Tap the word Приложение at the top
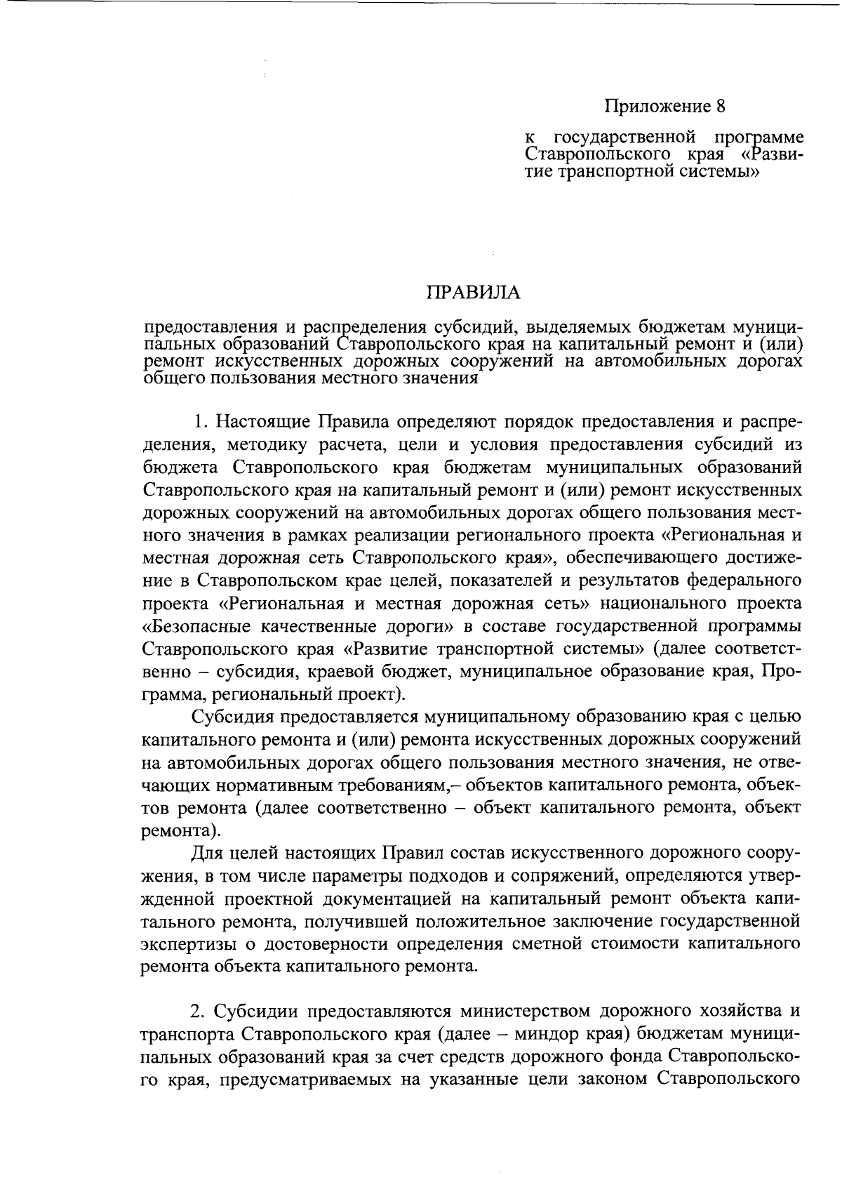pyautogui.click(x=657, y=107)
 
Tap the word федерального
pyautogui.click(x=744, y=581)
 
